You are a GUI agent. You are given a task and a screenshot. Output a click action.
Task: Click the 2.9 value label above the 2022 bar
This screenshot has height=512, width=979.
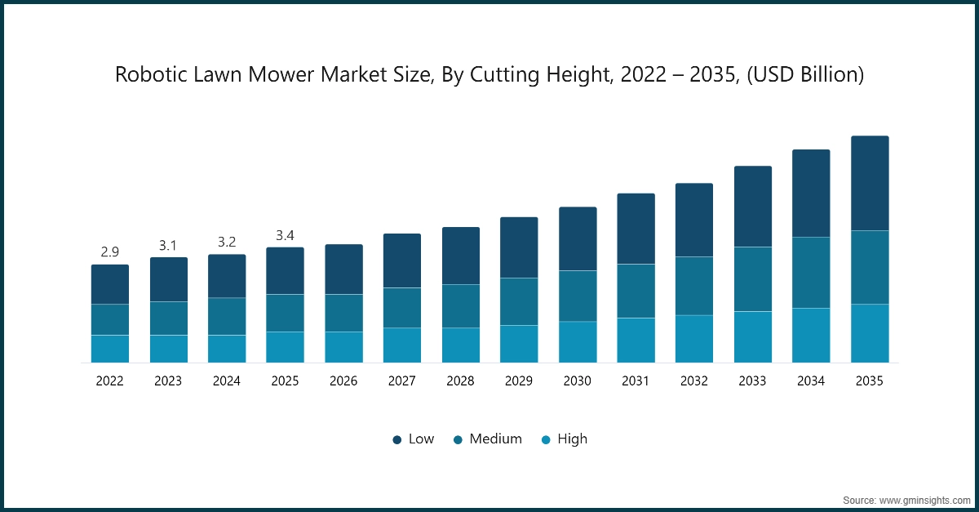[x=109, y=252]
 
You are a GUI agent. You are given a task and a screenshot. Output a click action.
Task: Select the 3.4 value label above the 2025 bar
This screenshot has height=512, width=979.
[x=285, y=235]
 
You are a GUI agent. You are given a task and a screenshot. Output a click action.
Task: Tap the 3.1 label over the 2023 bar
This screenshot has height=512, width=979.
[x=168, y=245]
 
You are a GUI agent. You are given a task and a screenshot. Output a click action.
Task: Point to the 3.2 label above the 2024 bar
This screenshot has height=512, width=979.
[x=227, y=242]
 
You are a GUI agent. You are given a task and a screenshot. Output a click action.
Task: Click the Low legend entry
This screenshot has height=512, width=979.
[x=413, y=439]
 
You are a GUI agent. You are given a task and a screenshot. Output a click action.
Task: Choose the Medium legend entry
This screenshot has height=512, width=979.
[x=487, y=439]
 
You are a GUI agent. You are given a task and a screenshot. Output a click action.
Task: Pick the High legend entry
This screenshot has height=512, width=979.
[x=564, y=439]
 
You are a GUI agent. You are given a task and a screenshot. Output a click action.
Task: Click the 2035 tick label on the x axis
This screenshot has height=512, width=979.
[x=870, y=381]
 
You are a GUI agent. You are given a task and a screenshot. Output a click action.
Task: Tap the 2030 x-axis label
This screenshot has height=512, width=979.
[x=578, y=381]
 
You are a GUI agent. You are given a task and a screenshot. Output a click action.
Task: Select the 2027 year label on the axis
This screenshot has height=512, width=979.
[x=402, y=381]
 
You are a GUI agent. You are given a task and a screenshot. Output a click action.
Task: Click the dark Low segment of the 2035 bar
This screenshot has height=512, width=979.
[x=870, y=184]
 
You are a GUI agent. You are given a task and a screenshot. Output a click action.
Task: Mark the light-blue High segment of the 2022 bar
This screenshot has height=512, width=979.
[x=109, y=349]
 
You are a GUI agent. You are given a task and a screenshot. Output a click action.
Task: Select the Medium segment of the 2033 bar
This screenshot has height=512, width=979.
[x=753, y=279]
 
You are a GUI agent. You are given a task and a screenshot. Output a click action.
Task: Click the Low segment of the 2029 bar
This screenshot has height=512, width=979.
[x=519, y=247]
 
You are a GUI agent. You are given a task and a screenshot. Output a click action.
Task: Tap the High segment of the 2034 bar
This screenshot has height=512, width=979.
[x=811, y=336]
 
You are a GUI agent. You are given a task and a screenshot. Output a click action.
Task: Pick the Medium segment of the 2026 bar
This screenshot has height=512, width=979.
[x=343, y=313]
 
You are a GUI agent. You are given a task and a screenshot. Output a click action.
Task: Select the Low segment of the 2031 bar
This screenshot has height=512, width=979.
[x=636, y=229]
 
